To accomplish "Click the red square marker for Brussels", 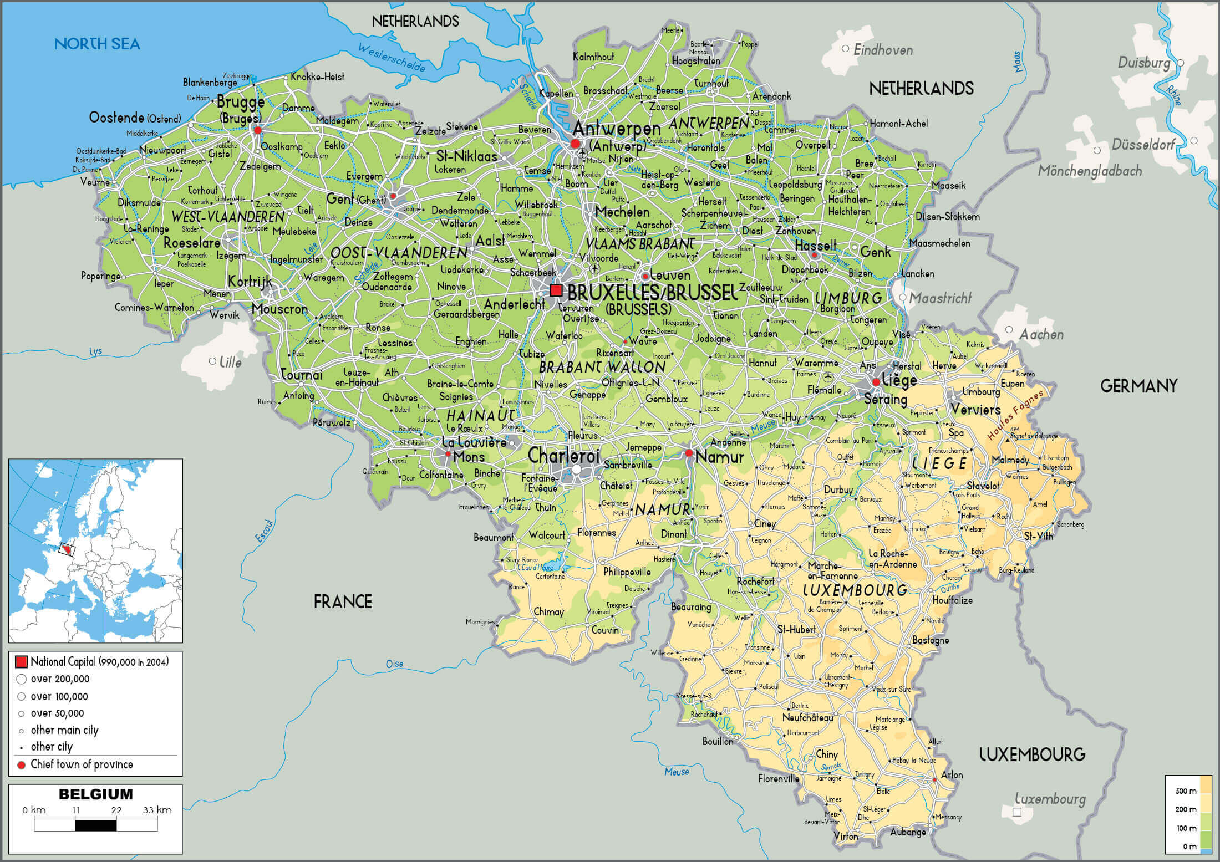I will click(556, 290).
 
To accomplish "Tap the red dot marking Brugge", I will click(257, 130).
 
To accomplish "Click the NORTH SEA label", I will click(97, 44).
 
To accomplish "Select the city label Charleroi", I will click(563, 456).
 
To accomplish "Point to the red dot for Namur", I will click(689, 453).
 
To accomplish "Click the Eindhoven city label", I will click(883, 50).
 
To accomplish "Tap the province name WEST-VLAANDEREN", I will click(227, 217).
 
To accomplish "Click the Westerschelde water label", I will click(392, 58).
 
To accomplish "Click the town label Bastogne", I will click(931, 640).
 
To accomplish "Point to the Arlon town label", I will click(952, 774).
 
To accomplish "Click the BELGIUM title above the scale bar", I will click(95, 794).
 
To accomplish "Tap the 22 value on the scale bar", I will click(116, 810).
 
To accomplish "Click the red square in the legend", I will click(21, 661).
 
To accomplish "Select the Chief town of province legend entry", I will click(82, 764).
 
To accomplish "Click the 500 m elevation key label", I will click(1186, 791).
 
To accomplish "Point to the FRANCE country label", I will click(343, 601).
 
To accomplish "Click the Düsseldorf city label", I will click(1143, 145).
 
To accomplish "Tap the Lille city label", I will click(230, 362).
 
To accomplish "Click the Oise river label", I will click(394, 664).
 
